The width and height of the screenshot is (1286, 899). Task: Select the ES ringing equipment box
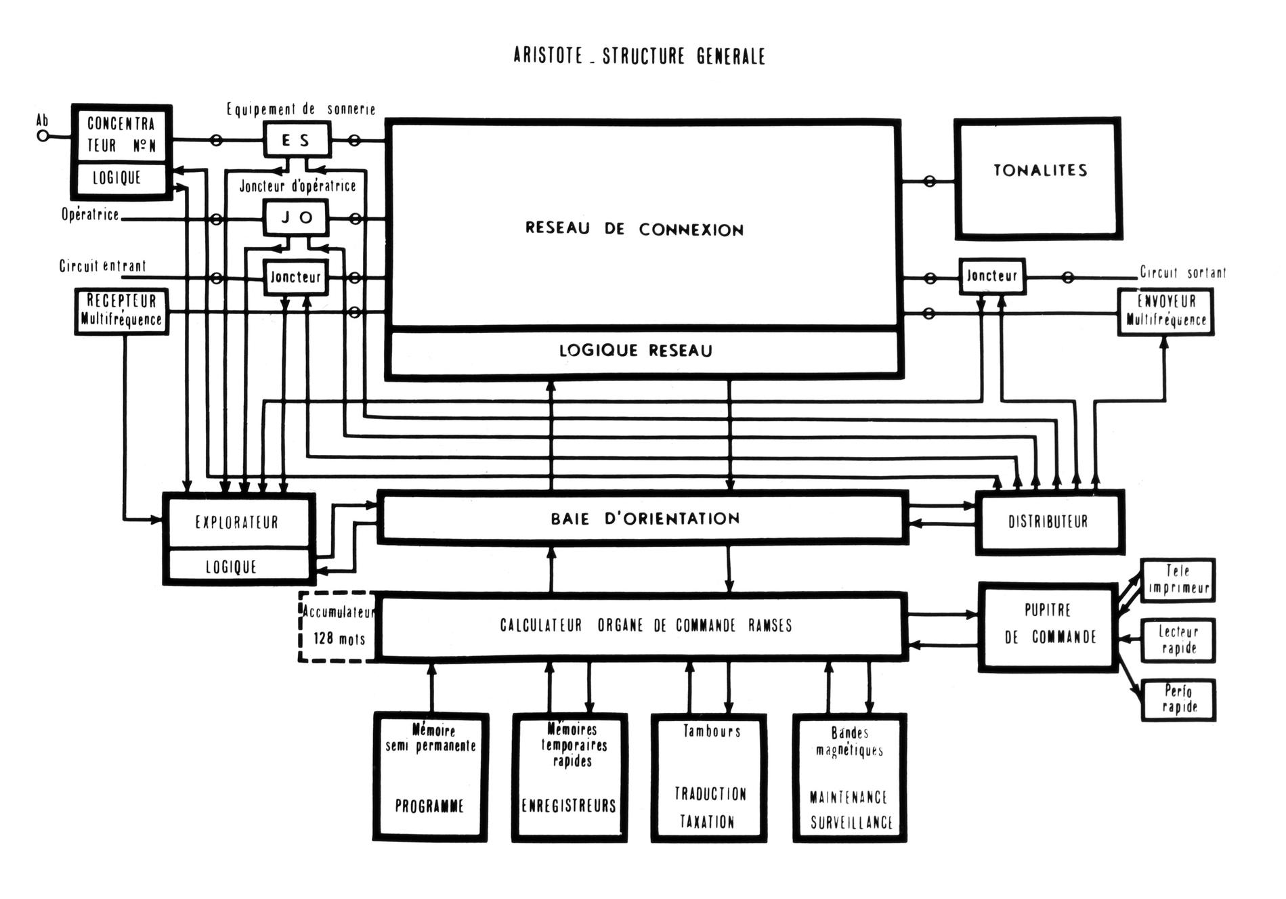296,140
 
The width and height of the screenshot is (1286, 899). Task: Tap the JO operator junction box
296,218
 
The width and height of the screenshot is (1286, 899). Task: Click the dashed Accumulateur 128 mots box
337,626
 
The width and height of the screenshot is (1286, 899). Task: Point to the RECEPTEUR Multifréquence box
121,311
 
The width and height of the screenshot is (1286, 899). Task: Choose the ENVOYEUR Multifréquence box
1165,311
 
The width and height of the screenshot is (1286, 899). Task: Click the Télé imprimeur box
1178,579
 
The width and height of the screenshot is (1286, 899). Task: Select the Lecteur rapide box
1178,640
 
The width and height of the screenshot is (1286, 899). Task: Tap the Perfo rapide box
1179,700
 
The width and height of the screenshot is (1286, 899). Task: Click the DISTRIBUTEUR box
1048,522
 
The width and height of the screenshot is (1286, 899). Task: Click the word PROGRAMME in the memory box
429,806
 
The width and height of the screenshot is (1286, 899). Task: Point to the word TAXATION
707,822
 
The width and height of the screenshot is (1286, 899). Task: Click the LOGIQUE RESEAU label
635,351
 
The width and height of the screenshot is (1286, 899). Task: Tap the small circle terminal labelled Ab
43,136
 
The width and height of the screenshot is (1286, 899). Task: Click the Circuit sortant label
1182,273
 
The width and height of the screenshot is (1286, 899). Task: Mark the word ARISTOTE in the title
548,56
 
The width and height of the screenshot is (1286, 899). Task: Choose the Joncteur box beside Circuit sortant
991,276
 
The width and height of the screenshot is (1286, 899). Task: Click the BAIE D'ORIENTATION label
644,519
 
